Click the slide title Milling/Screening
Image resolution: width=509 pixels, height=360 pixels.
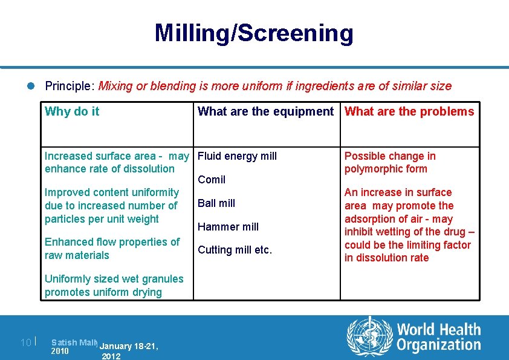(254, 33)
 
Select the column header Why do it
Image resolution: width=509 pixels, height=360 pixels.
(72, 111)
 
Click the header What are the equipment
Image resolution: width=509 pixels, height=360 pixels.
(265, 111)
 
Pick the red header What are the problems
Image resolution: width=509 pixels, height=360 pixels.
(409, 111)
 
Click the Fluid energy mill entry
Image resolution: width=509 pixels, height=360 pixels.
(237, 156)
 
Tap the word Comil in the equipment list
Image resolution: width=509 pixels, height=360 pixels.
(212, 180)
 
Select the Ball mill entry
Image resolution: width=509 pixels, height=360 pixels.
(216, 203)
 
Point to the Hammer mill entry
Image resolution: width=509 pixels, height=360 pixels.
(228, 227)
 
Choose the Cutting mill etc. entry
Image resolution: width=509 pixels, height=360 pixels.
(235, 250)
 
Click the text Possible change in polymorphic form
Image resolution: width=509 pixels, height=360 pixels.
(389, 162)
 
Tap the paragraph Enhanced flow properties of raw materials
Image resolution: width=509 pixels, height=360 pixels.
(112, 249)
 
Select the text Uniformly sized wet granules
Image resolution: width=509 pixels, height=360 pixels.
(114, 279)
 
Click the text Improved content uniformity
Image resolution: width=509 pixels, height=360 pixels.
(112, 192)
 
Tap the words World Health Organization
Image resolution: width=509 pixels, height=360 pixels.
(438, 337)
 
